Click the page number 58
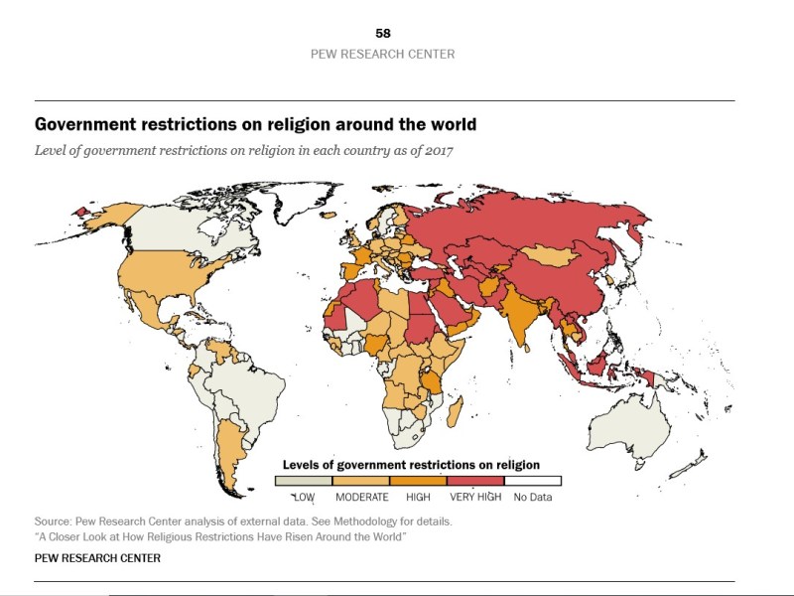click(383, 34)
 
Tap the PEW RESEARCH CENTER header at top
click(383, 54)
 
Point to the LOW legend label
click(303, 496)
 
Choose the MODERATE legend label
click(361, 496)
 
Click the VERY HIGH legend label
click(476, 496)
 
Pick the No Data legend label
click(532, 496)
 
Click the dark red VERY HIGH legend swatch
click(475, 481)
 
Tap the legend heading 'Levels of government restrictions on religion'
click(411, 464)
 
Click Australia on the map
click(631, 429)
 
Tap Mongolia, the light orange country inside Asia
click(553, 255)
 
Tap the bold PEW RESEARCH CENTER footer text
click(97, 558)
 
